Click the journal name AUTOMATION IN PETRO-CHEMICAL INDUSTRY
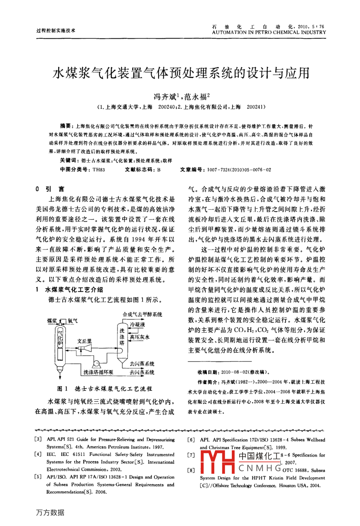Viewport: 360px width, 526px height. (x=269, y=33)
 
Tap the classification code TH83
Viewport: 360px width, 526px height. (x=98, y=169)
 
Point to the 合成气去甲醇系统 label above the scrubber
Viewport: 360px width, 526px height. (x=142, y=314)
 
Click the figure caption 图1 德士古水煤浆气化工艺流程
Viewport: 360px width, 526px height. (x=105, y=389)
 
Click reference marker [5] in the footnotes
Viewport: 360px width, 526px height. (x=39, y=477)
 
